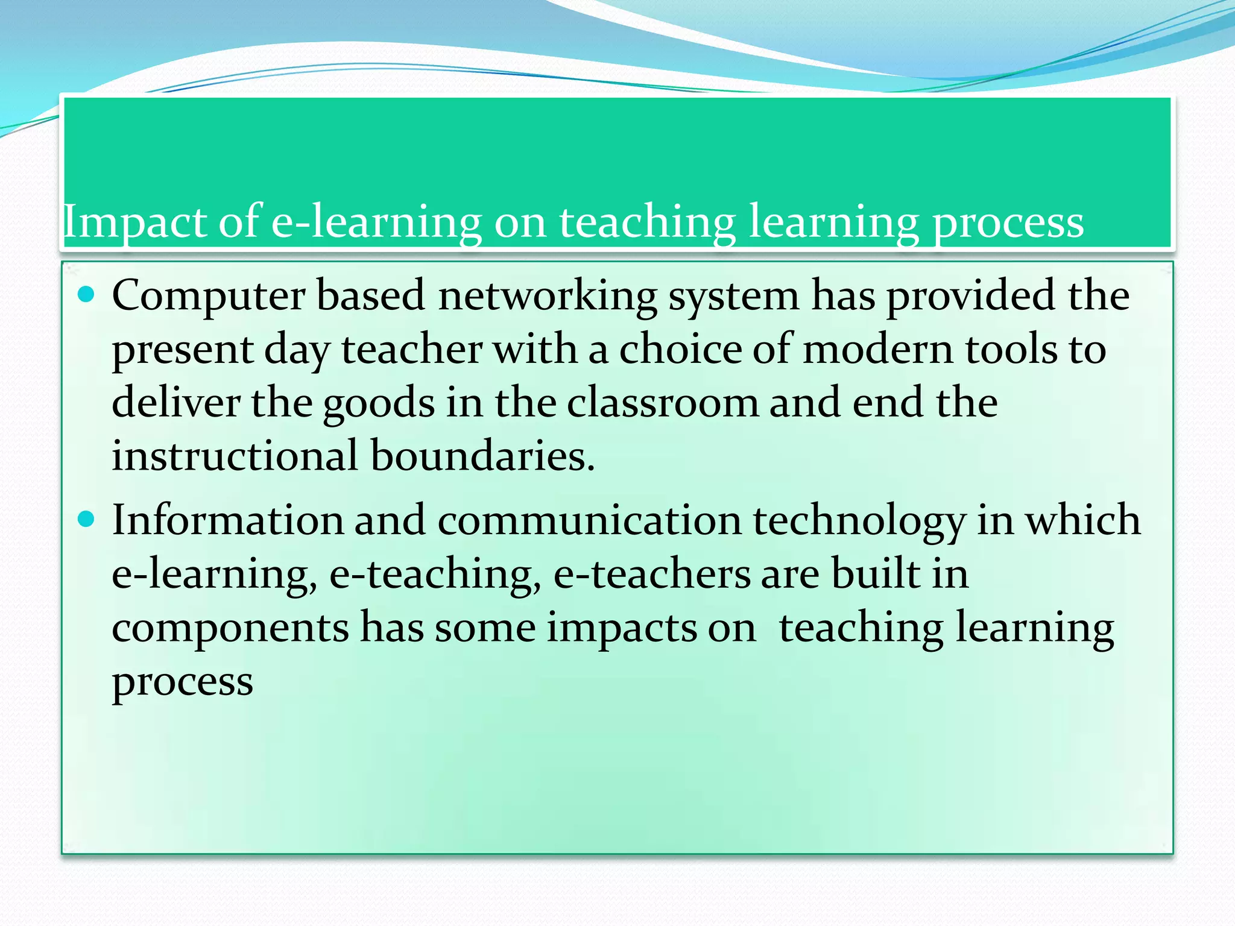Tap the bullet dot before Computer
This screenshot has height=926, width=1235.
[x=87, y=295]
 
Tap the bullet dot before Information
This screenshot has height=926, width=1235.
[x=87, y=519]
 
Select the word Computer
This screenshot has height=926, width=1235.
[x=209, y=297]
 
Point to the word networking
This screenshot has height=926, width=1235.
[x=548, y=297]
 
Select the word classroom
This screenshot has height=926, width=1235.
[x=662, y=403]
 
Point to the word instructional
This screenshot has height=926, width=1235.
[x=235, y=456]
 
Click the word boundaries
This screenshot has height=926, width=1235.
[x=482, y=456]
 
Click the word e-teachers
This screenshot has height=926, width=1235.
[x=651, y=574]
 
